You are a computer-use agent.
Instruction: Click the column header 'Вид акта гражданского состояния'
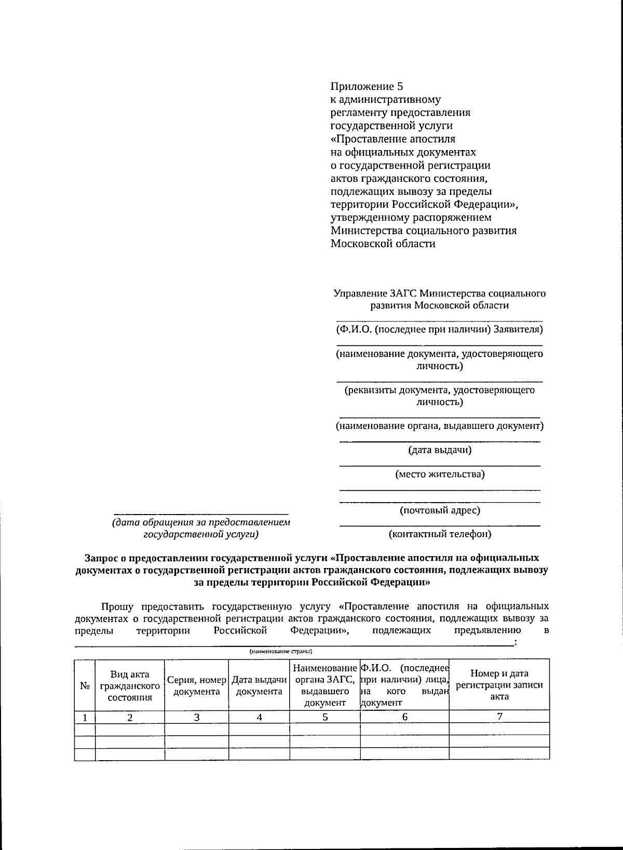pos(130,685)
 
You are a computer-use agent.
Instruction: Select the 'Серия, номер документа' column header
pos(197,685)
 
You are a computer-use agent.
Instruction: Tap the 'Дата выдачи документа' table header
pos(259,685)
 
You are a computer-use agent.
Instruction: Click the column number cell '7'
pos(499,717)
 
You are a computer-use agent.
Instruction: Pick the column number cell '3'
pos(197,717)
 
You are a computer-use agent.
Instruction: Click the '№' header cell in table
pos(85,685)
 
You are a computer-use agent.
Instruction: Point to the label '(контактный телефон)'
pos(440,534)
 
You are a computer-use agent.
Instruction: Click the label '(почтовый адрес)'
pos(440,510)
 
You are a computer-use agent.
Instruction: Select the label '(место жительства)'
pos(440,474)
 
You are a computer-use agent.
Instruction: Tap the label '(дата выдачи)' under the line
pos(440,450)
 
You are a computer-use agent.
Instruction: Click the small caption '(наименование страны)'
pos(280,651)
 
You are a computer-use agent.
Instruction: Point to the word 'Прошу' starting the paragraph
pos(117,606)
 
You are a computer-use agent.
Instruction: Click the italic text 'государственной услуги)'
pos(201,534)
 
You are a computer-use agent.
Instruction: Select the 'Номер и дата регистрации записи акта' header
pos(499,685)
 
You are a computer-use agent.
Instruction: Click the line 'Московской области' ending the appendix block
pos(383,244)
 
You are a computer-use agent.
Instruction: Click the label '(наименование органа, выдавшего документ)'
pos(440,426)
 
